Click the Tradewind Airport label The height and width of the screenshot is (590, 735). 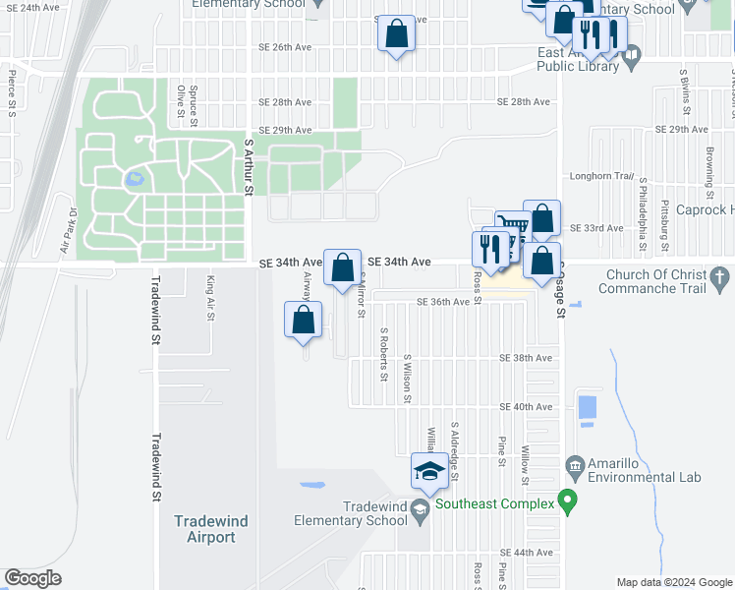pyautogui.click(x=204, y=529)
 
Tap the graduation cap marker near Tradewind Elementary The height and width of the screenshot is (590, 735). pyautogui.click(x=429, y=471)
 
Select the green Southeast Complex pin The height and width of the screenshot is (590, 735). pyautogui.click(x=566, y=501)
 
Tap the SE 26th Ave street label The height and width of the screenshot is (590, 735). pyautogui.click(x=285, y=47)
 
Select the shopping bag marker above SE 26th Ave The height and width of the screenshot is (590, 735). pyautogui.click(x=397, y=34)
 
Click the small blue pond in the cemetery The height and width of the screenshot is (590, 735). pyautogui.click(x=132, y=180)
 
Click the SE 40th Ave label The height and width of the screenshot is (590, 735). pyautogui.click(x=526, y=406)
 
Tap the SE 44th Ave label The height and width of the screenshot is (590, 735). pyautogui.click(x=526, y=554)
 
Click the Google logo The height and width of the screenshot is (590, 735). pyautogui.click(x=32, y=578)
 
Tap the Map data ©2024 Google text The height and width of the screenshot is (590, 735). pyautogui.click(x=673, y=581)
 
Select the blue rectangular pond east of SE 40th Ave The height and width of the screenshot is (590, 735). pyautogui.click(x=588, y=406)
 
